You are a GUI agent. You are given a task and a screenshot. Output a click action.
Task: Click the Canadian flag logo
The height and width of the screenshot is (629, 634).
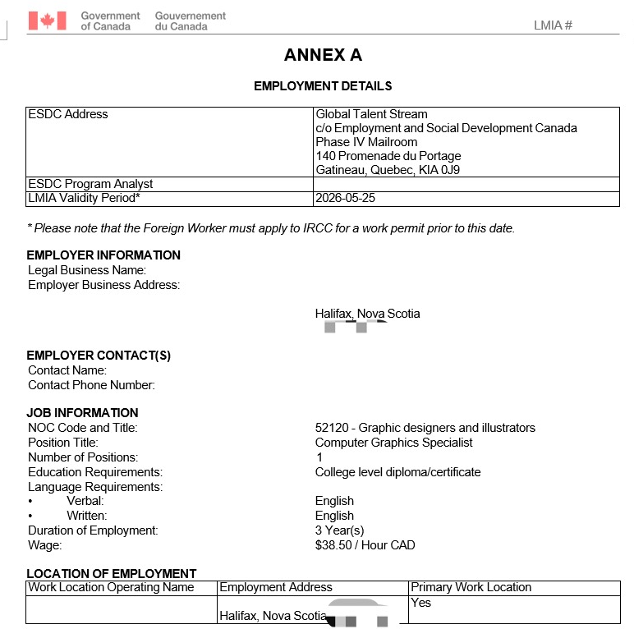point(47,21)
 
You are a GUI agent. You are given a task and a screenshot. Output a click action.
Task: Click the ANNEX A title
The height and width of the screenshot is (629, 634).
point(323,55)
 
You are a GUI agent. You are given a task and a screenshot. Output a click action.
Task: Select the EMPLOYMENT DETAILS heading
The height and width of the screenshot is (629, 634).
point(323,85)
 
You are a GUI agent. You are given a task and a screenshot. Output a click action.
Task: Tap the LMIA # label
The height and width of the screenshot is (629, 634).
point(553,25)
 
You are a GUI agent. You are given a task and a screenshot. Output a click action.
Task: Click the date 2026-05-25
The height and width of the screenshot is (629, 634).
point(346,199)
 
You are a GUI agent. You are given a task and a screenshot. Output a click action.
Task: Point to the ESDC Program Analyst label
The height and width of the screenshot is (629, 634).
point(90,184)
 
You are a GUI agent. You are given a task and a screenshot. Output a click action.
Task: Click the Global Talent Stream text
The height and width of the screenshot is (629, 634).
point(371,114)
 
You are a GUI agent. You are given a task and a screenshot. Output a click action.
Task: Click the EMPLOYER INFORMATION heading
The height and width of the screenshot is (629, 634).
point(103,255)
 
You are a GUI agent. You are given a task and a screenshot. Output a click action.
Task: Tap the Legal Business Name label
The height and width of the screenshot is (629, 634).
point(87,270)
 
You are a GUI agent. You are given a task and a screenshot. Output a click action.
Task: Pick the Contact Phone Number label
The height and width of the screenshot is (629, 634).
point(91,385)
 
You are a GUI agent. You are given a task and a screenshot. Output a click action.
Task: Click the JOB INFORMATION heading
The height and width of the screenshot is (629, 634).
point(82,413)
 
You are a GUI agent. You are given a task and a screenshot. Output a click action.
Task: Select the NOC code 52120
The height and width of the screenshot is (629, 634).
point(332,428)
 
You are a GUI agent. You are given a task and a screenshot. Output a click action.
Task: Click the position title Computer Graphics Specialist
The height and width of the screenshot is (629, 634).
point(393,443)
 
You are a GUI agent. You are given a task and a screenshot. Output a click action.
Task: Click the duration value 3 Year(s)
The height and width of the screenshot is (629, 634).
point(339,530)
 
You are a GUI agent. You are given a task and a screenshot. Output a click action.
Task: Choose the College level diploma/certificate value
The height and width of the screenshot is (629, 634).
point(397,472)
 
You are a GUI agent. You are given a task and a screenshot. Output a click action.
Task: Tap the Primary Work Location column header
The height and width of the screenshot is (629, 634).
point(471,587)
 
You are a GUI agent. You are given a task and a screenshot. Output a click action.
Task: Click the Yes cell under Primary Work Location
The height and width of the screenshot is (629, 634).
point(420,603)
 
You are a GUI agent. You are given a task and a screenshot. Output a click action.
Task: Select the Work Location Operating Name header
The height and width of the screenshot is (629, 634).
point(111,587)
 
